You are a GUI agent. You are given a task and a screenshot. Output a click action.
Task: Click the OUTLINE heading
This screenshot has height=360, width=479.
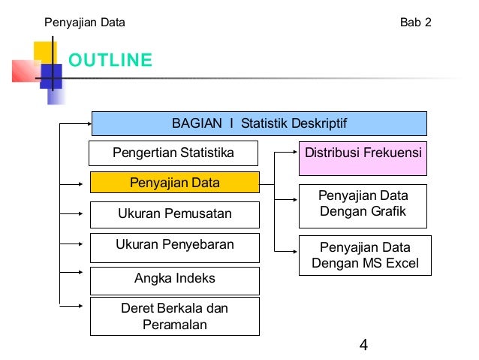pos(110,60)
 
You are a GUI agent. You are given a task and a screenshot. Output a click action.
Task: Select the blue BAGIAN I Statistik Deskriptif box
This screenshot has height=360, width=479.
pos(259,123)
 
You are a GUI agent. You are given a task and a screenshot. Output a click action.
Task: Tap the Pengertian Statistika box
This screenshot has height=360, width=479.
pos(173,153)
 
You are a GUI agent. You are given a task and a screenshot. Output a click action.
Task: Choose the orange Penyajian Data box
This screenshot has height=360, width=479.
pos(174,183)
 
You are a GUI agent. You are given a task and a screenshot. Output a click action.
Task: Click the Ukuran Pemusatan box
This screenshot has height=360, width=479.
pos(174,214)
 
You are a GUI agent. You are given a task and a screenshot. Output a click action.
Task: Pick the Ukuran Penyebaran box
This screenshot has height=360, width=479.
pos(174,245)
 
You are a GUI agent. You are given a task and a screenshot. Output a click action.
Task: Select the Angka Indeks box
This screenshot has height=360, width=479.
pos(174,279)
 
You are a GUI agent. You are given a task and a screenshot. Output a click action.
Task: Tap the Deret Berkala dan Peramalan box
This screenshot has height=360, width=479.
pos(174,316)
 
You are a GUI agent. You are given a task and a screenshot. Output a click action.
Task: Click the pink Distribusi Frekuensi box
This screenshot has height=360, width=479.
pos(363,153)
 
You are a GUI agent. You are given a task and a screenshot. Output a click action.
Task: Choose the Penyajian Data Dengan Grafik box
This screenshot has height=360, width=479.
pos(363,205)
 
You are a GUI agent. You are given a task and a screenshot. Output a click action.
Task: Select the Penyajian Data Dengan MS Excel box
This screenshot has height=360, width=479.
pos(363,256)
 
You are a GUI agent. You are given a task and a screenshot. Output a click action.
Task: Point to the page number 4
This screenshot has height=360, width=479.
pos(363,346)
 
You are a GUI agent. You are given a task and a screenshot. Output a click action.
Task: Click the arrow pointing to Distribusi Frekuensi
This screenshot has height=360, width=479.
pos(287,153)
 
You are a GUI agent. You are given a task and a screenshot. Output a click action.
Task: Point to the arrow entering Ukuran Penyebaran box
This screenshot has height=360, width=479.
pos(75,244)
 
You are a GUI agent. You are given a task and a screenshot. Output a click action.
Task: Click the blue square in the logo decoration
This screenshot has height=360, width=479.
pos(50,76)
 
